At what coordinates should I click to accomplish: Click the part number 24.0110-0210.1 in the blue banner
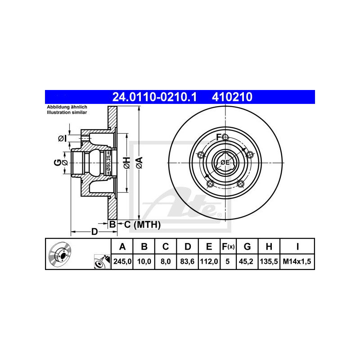(154, 97)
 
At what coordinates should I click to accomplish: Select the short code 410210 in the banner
(232, 97)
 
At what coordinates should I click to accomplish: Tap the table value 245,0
(122, 261)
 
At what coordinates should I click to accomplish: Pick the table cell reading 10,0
(144, 261)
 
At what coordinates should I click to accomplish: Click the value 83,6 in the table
(187, 261)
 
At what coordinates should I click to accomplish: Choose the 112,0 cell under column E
(209, 261)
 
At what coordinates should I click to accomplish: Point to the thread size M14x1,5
(297, 261)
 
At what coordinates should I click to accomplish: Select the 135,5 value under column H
(269, 261)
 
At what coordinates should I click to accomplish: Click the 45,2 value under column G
(246, 261)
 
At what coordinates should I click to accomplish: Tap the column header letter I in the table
(297, 247)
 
